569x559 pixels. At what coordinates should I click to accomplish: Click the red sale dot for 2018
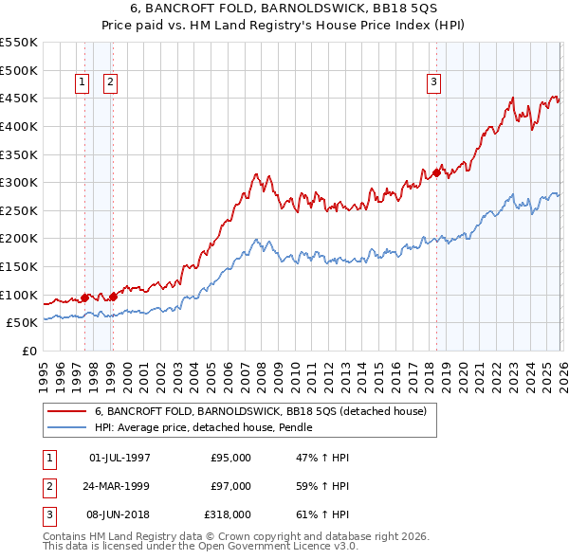[x=436, y=172]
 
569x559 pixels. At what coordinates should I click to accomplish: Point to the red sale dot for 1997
[x=84, y=298]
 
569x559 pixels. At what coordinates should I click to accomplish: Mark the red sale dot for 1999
[x=113, y=296]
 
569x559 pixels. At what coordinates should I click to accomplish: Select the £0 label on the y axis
[x=28, y=351]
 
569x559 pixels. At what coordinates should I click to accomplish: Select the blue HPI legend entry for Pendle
[x=203, y=427]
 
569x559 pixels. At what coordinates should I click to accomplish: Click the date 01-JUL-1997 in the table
[x=119, y=458]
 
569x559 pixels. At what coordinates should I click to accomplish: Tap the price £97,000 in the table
[x=230, y=486]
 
